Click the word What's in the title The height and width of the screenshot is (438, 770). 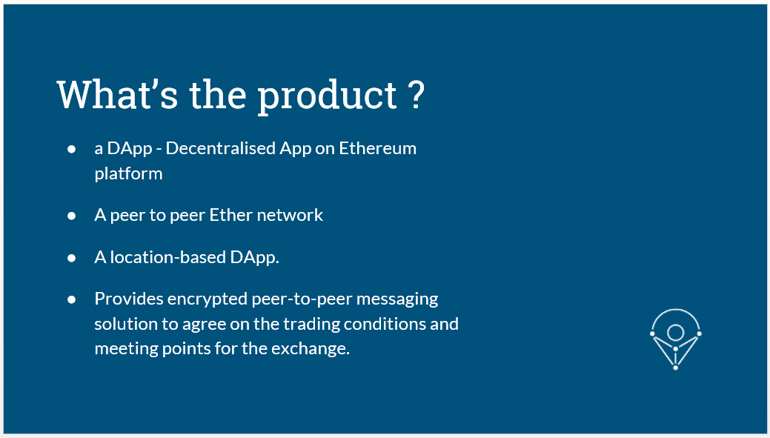coord(117,94)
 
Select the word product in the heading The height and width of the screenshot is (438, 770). coord(328,97)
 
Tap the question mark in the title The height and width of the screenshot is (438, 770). coord(416,94)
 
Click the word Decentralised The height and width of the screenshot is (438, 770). coord(221,147)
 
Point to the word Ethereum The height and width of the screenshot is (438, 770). coord(378,147)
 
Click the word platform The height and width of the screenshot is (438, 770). coord(129,174)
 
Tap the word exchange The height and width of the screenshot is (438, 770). coord(311,348)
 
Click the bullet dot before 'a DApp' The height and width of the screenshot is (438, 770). coord(72,148)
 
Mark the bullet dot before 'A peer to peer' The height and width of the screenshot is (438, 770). coord(72,215)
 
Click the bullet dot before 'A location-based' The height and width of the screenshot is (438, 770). coord(72,257)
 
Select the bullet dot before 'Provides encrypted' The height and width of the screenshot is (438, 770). coord(72,299)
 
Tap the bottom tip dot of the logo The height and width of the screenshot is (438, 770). coord(676,368)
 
